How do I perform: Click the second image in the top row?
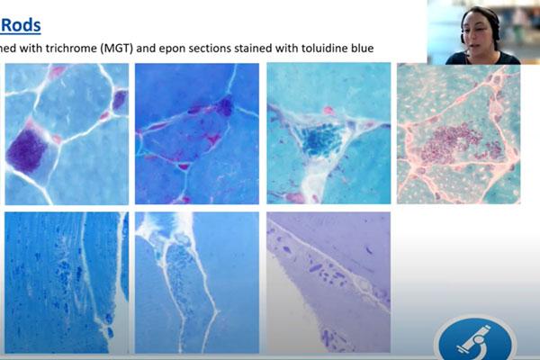pyautogui.click(x=196, y=133)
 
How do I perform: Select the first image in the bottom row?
pyautogui.click(x=66, y=282)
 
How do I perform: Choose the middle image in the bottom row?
pyautogui.click(x=196, y=282)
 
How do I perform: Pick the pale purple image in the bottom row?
pyautogui.click(x=328, y=282)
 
